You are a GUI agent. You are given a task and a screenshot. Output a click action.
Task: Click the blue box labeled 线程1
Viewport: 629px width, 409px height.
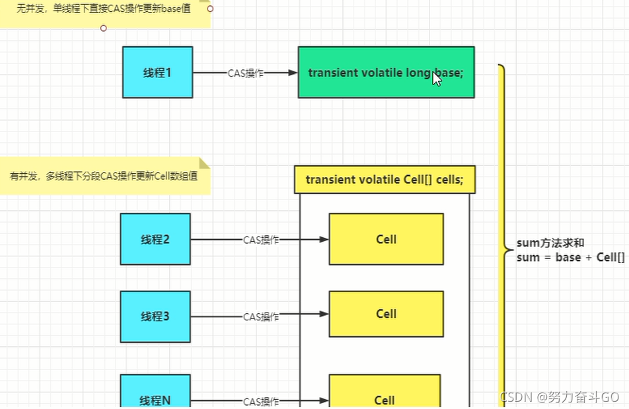click(157, 72)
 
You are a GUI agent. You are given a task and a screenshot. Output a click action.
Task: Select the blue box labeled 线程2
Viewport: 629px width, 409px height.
click(155, 239)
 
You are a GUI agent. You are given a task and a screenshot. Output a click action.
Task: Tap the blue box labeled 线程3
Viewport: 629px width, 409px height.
click(155, 316)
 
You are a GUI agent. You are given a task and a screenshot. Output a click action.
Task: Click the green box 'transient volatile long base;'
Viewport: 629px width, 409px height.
click(386, 72)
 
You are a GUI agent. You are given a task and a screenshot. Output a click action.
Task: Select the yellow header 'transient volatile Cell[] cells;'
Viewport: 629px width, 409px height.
click(385, 180)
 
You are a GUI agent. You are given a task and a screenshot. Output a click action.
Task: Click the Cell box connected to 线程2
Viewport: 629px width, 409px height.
click(386, 239)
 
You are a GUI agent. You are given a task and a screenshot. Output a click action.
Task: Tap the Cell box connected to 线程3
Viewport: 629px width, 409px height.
click(386, 314)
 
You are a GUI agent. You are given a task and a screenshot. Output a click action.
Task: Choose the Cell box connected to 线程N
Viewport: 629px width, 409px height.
click(385, 394)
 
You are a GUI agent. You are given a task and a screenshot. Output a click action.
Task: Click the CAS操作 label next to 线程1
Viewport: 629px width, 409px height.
click(246, 73)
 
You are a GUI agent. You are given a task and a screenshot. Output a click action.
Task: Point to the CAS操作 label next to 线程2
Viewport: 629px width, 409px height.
click(261, 241)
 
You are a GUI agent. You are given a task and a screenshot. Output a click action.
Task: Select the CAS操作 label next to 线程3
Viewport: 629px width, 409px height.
click(261, 317)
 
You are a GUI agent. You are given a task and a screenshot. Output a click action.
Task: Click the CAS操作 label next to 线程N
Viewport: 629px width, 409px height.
click(261, 402)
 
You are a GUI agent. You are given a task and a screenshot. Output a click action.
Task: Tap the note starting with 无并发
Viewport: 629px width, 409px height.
click(106, 10)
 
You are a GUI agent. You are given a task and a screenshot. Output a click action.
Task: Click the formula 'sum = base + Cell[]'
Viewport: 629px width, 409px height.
click(570, 258)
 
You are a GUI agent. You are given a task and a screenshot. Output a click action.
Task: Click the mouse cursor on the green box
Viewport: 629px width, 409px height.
click(437, 79)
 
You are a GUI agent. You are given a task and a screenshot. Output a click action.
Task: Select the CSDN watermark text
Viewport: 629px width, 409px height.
click(559, 397)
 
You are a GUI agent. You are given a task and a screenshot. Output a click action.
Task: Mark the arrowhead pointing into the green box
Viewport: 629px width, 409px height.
click(292, 73)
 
